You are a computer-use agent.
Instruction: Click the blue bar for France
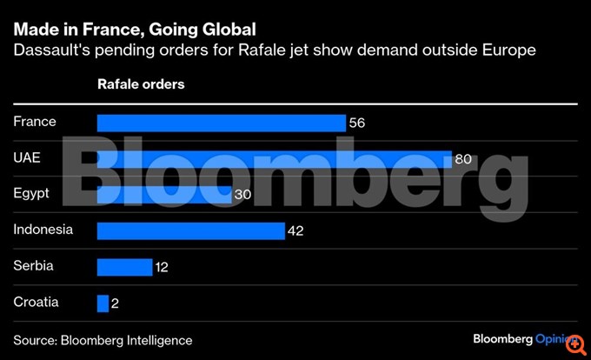click(221, 123)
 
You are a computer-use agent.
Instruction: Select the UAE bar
click(274, 158)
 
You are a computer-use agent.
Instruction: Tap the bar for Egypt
click(164, 195)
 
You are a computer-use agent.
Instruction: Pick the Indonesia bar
click(190, 230)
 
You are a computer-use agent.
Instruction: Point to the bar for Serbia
click(124, 267)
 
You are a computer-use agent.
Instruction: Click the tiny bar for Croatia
click(103, 303)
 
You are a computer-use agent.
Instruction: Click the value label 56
click(356, 123)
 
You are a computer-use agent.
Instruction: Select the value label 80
click(462, 159)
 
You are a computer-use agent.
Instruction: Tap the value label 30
click(242, 195)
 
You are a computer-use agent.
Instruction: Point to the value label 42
click(295, 231)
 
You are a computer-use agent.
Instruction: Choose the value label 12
click(161, 267)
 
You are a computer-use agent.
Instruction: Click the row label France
click(35, 122)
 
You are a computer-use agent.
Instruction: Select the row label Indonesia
click(43, 230)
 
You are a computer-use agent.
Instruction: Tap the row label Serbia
click(33, 266)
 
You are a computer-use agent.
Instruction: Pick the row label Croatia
click(36, 303)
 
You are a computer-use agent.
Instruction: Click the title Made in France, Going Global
click(134, 31)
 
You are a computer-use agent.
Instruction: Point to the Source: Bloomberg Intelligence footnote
click(103, 340)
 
